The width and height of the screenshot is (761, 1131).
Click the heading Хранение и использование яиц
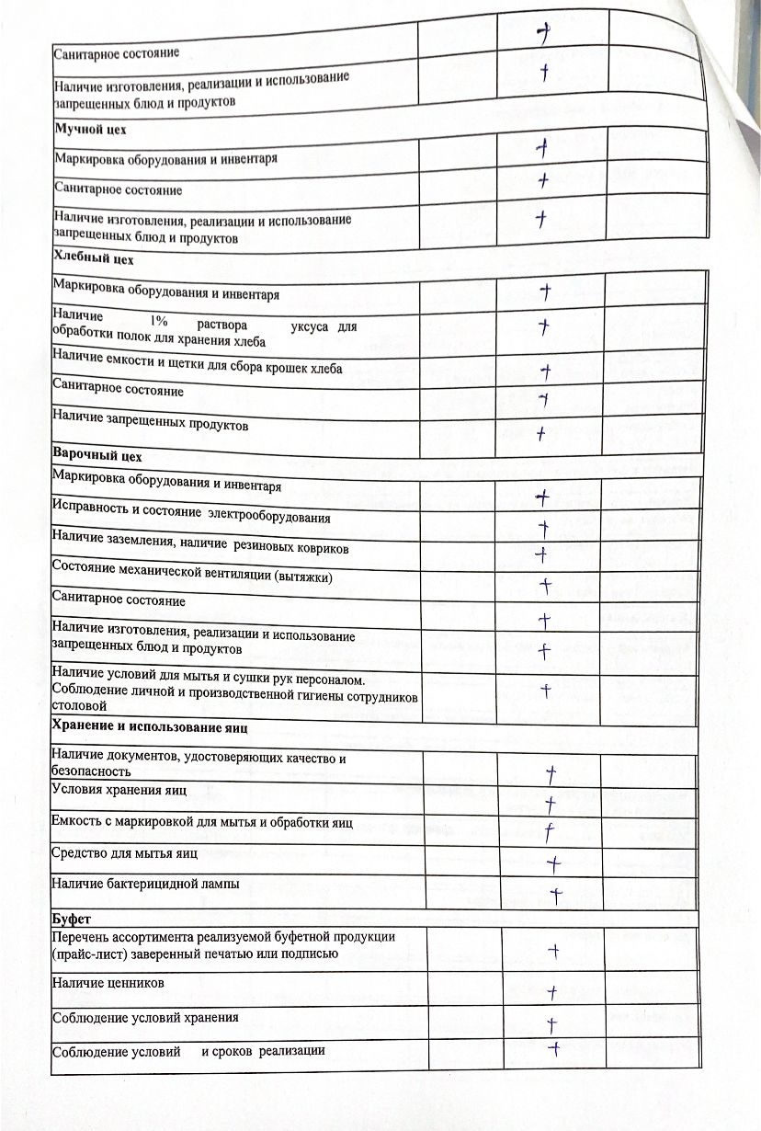point(152,727)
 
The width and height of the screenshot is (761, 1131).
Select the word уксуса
point(311,327)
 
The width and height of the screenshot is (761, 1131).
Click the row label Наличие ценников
point(109,984)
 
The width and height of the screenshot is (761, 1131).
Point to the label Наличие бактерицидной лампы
point(146,884)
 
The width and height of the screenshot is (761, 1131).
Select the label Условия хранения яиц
point(119,791)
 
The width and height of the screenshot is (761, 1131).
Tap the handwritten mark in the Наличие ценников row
point(552,991)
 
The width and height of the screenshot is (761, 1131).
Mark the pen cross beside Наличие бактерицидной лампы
point(555,893)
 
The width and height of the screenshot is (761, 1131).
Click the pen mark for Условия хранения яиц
point(551,805)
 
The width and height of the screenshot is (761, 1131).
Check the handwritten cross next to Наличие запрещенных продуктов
point(542,431)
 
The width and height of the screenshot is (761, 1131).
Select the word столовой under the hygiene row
point(79,707)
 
